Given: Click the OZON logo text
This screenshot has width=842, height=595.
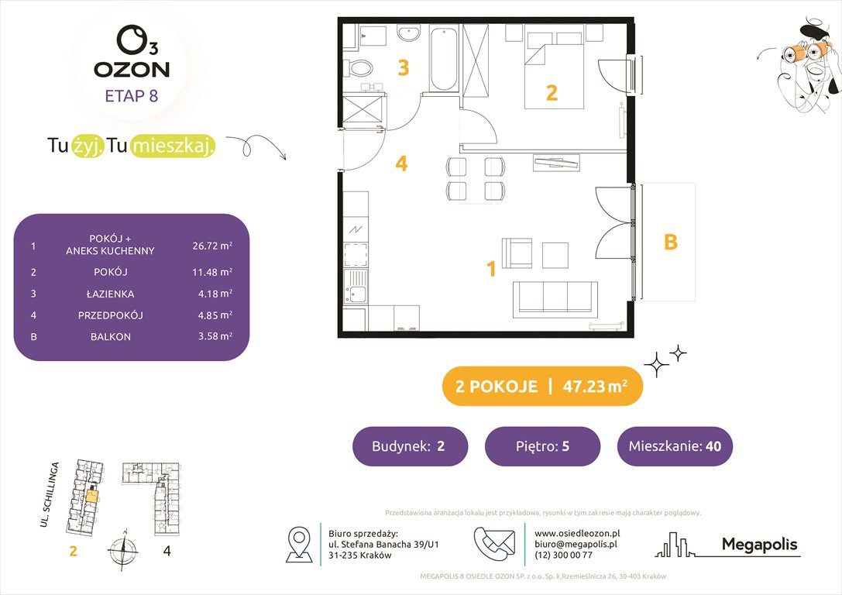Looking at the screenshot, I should click(x=132, y=69).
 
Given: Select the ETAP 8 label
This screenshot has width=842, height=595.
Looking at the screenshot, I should click(x=132, y=96).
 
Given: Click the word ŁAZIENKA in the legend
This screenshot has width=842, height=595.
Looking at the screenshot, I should click(x=110, y=294).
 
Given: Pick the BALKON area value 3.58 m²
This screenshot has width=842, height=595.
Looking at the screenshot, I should click(x=212, y=337).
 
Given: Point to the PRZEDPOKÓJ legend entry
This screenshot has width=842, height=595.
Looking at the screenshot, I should click(x=110, y=315).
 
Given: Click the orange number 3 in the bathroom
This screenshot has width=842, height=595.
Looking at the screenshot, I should click(x=403, y=68).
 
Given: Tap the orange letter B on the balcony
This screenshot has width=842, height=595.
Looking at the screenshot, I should click(x=671, y=242).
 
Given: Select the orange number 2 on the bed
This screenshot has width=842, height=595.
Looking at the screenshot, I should click(x=552, y=93).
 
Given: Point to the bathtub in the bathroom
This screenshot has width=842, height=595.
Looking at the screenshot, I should click(x=444, y=58).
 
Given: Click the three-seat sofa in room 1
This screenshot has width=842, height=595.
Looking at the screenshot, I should click(x=555, y=295).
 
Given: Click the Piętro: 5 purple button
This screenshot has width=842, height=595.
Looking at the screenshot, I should click(x=542, y=446).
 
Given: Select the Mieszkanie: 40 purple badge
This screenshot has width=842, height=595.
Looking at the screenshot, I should click(x=674, y=446).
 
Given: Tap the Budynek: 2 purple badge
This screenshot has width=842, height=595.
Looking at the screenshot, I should click(x=410, y=446).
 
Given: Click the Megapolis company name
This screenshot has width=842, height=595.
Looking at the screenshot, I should click(x=759, y=545).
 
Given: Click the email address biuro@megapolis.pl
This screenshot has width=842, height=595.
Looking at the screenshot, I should click(x=575, y=545).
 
